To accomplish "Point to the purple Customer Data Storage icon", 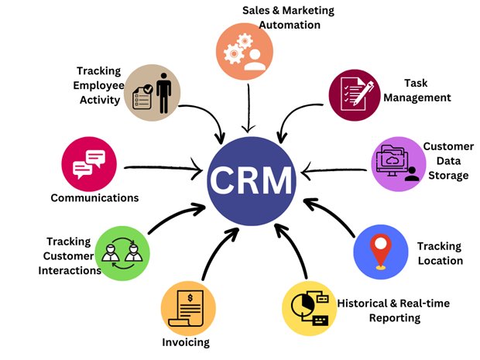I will point(401,163).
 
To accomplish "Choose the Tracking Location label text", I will point(439,253).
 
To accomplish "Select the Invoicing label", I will point(186,341).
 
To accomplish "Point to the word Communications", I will point(94,197).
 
